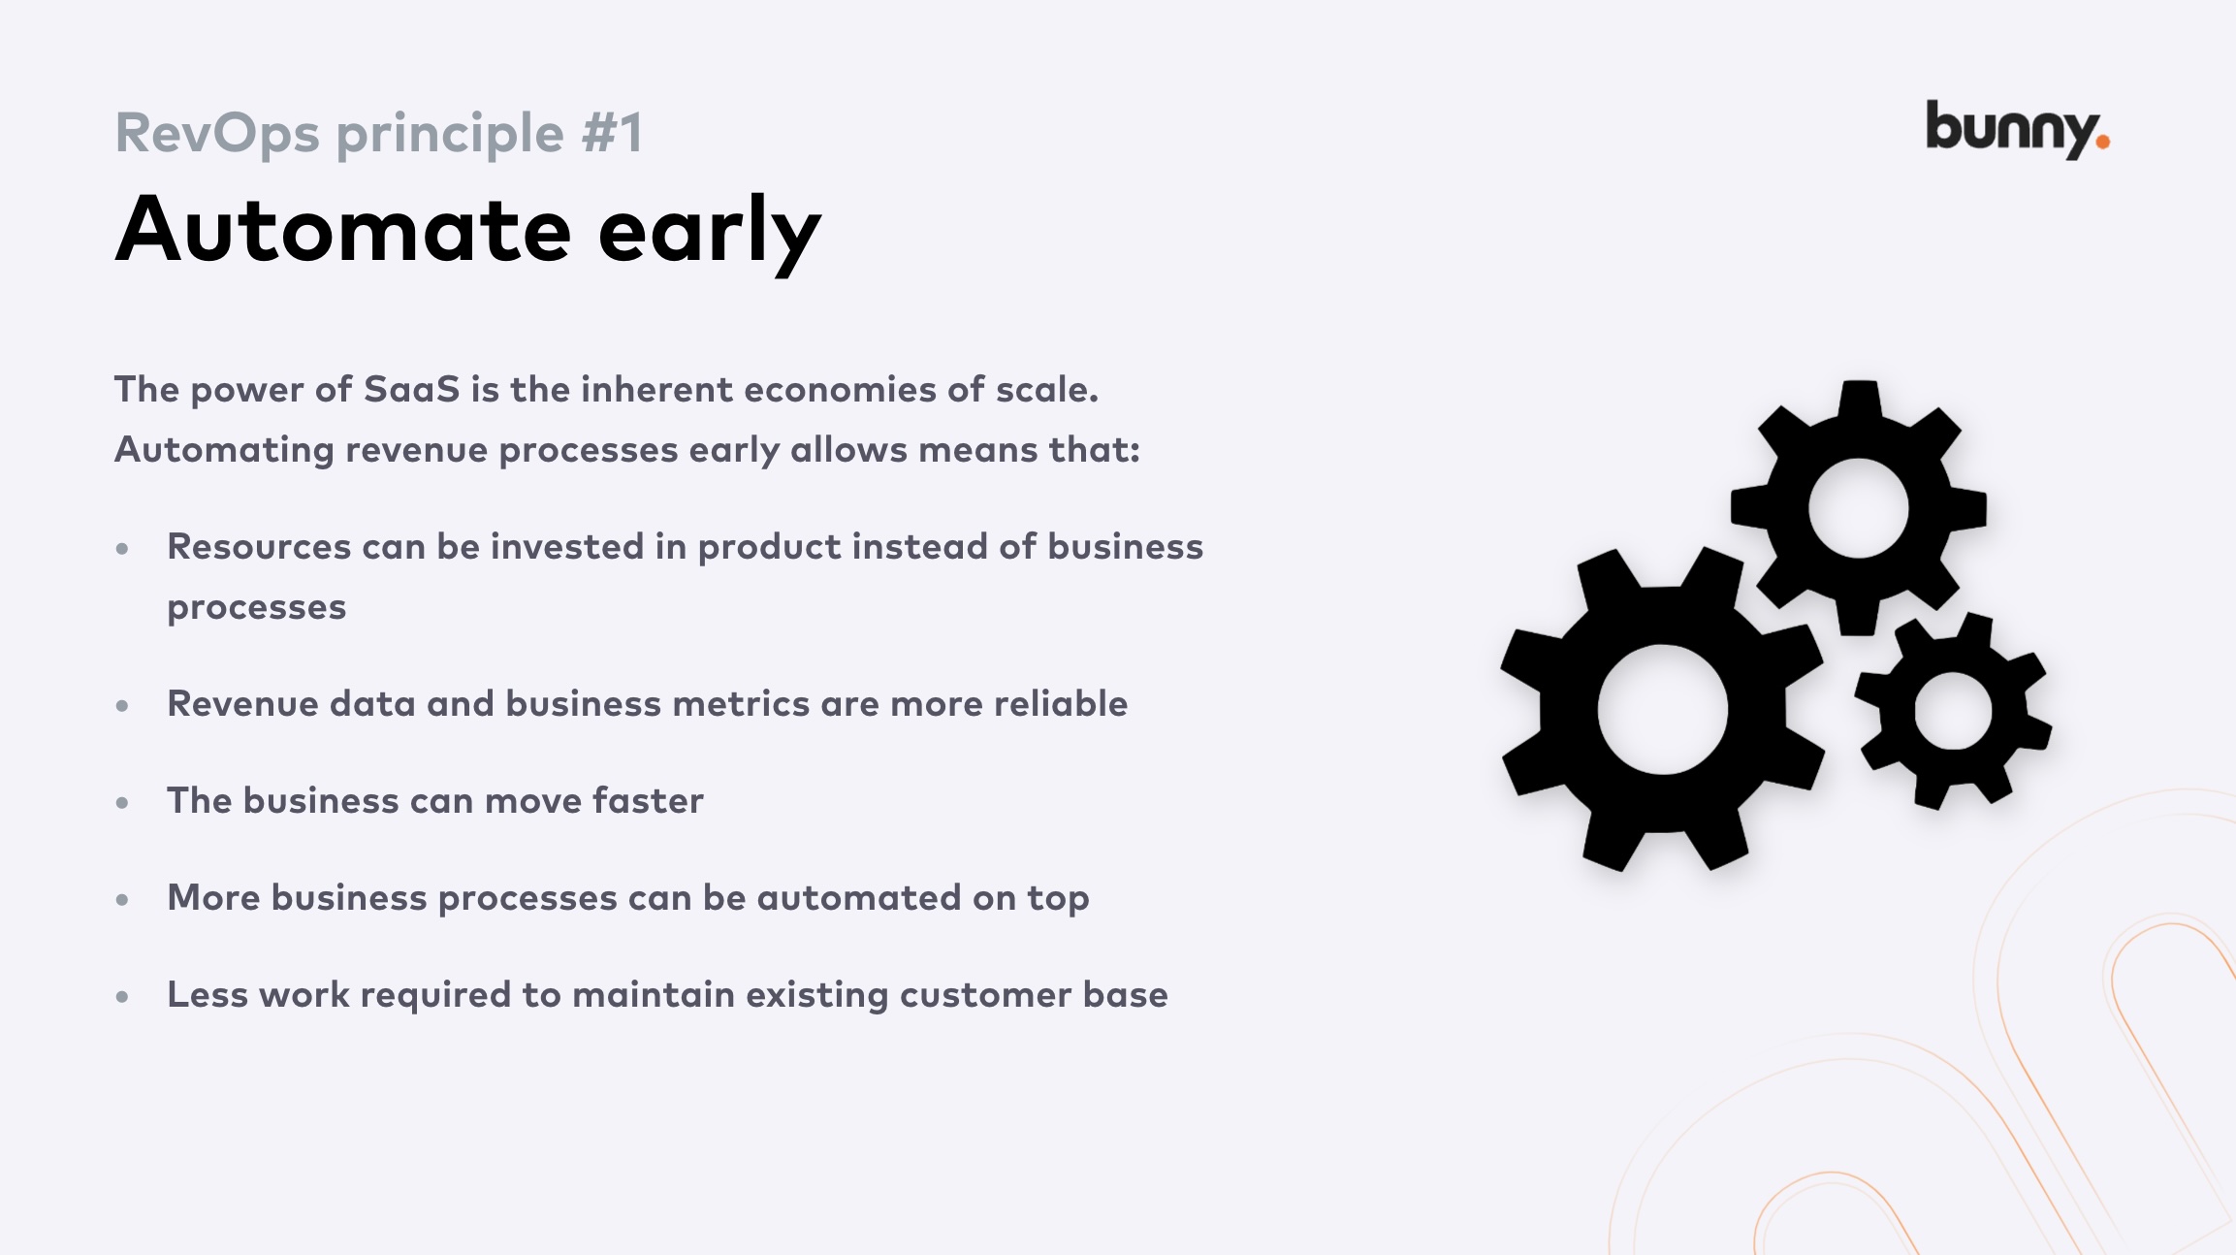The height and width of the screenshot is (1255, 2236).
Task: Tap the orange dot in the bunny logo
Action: pyautogui.click(x=2102, y=143)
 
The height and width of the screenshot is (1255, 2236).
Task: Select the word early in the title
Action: pyautogui.click(x=709, y=233)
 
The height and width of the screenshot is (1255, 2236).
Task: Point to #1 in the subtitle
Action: pyautogui.click(x=612, y=133)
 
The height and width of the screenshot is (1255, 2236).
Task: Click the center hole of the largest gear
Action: pyautogui.click(x=1662, y=709)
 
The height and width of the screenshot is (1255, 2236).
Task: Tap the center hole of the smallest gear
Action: pyautogui.click(x=1953, y=711)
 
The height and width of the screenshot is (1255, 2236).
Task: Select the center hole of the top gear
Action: pyautogui.click(x=1858, y=508)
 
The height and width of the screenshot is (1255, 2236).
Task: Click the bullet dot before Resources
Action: pyautogui.click(x=122, y=549)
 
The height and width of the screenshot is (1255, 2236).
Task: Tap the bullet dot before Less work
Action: pyautogui.click(x=122, y=996)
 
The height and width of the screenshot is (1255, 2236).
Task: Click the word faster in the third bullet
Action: pyautogui.click(x=648, y=801)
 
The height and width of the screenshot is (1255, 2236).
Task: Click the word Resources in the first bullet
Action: pyautogui.click(x=259, y=547)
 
